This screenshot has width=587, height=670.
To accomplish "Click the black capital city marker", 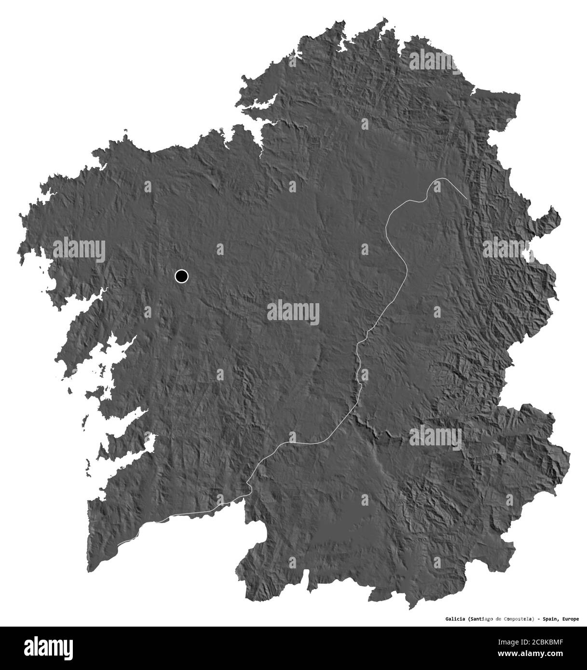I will (x=181, y=276).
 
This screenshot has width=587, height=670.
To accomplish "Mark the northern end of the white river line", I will (x=466, y=198).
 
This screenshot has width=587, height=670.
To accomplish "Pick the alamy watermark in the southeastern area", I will (x=436, y=438).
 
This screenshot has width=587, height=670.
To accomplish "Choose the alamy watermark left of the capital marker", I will (x=79, y=250).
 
